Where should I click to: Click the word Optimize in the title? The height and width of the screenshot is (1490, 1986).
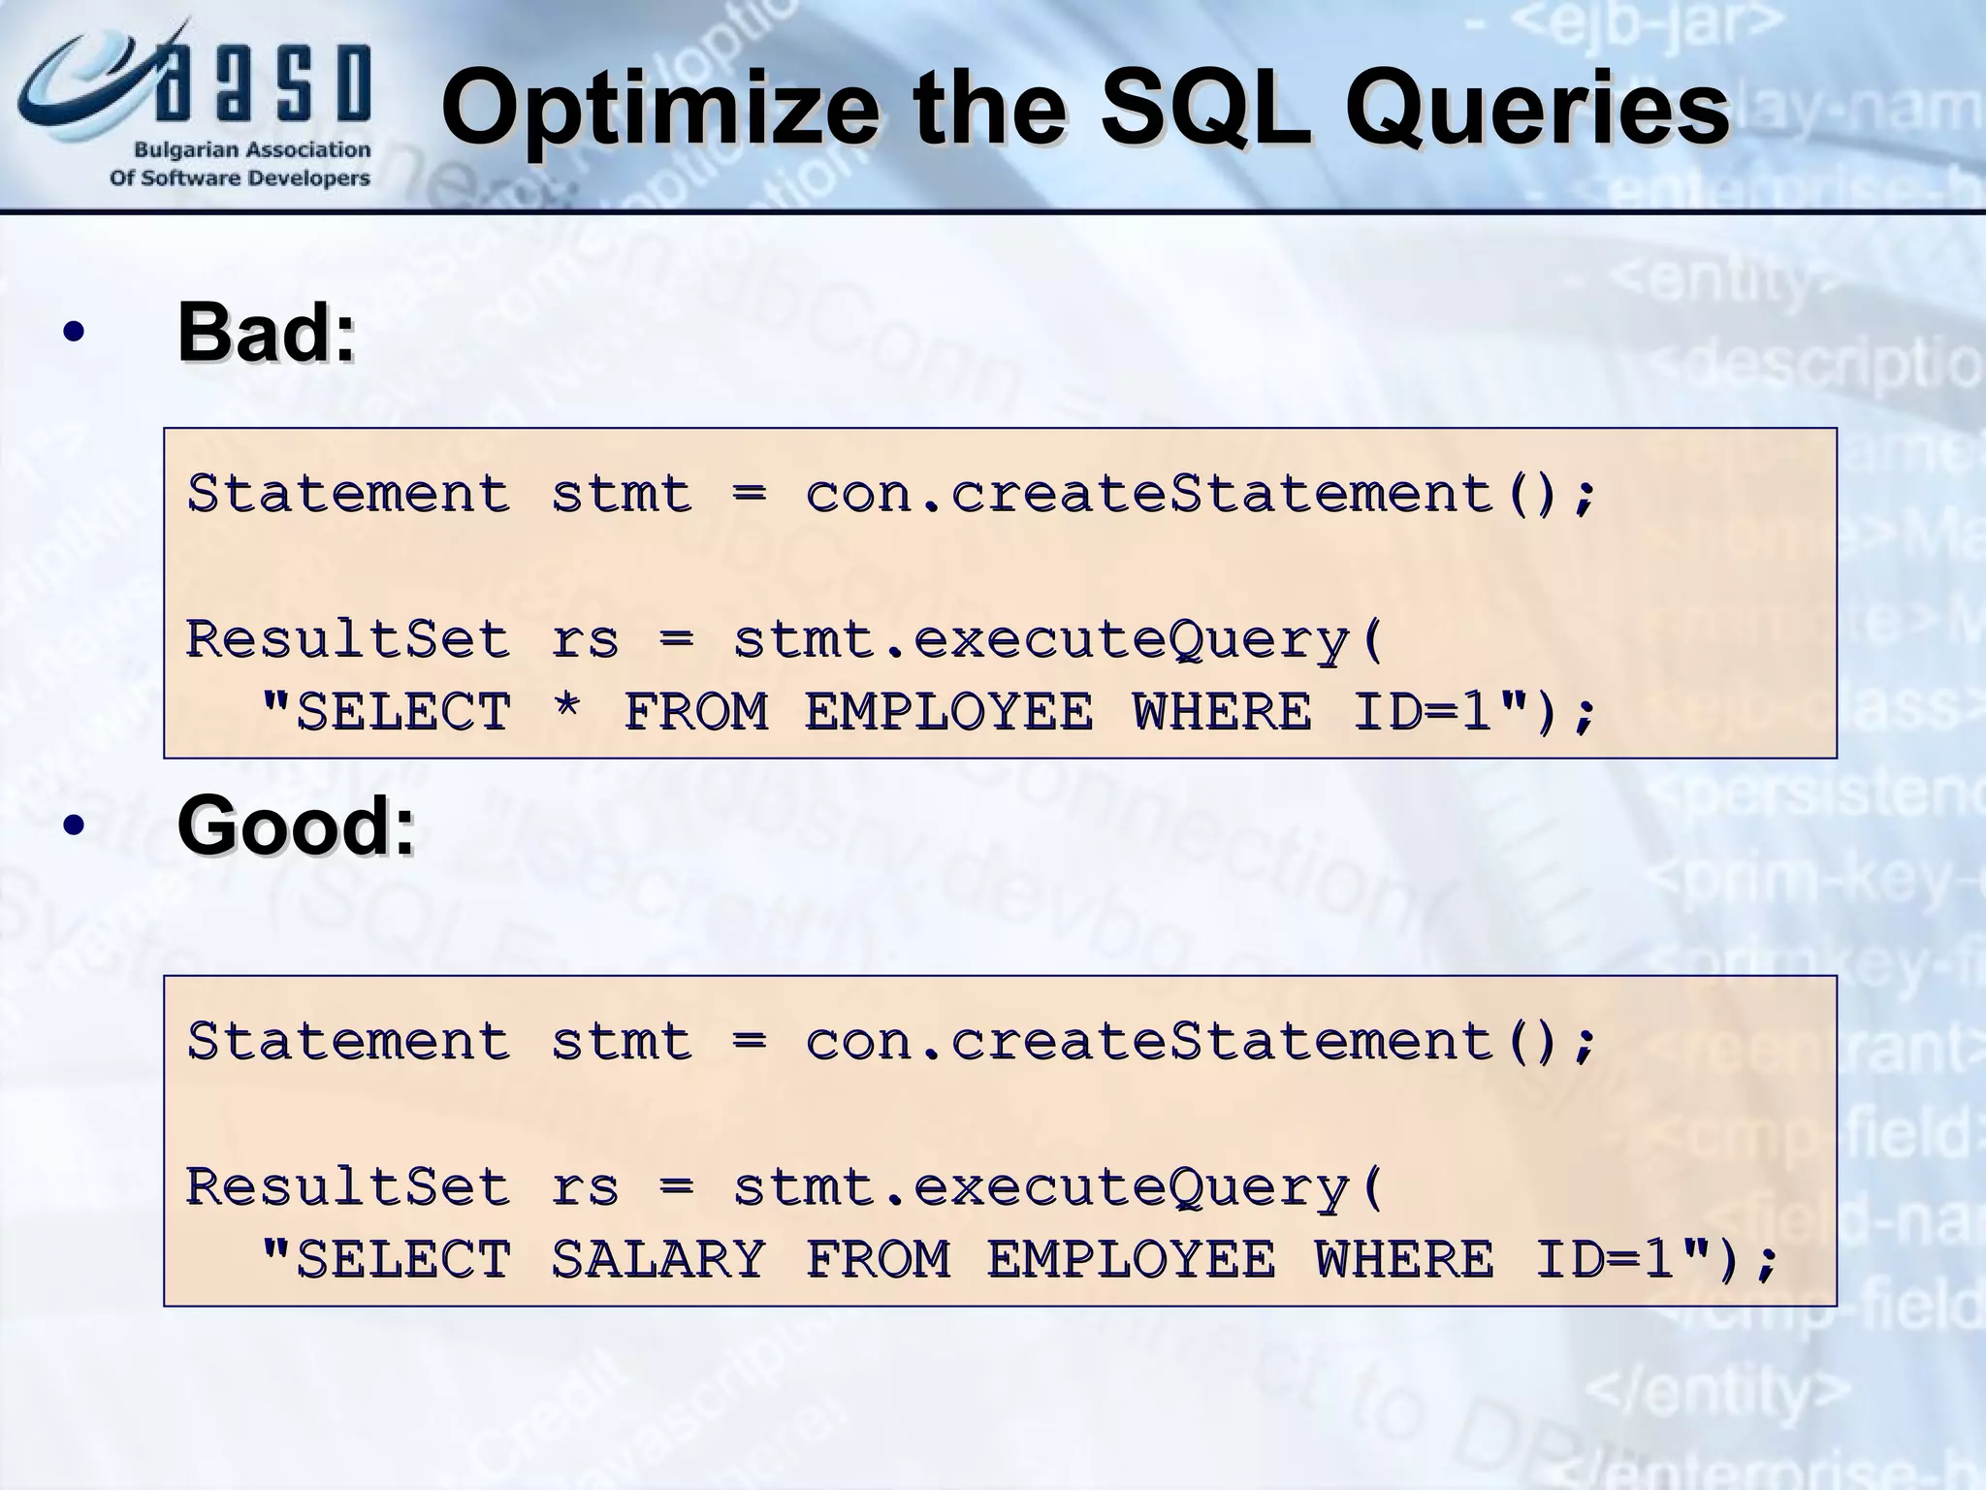(x=659, y=109)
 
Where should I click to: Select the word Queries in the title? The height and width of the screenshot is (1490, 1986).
(x=1536, y=109)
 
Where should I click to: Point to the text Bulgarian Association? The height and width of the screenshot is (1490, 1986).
(x=252, y=150)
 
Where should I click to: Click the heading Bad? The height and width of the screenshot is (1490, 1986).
(x=266, y=333)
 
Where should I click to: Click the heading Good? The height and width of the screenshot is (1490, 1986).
(x=296, y=825)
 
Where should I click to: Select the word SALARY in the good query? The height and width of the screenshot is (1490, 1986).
(x=658, y=1258)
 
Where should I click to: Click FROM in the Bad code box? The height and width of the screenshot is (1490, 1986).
(x=696, y=711)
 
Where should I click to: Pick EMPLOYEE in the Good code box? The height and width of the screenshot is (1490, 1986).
(x=1130, y=1258)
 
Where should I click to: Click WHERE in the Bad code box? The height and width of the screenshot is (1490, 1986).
(x=1222, y=711)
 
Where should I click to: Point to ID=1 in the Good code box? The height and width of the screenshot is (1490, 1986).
(x=1605, y=1258)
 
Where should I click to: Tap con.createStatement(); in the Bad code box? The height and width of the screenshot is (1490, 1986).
(x=1201, y=493)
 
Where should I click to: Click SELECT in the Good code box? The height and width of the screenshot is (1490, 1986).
(x=402, y=1258)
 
